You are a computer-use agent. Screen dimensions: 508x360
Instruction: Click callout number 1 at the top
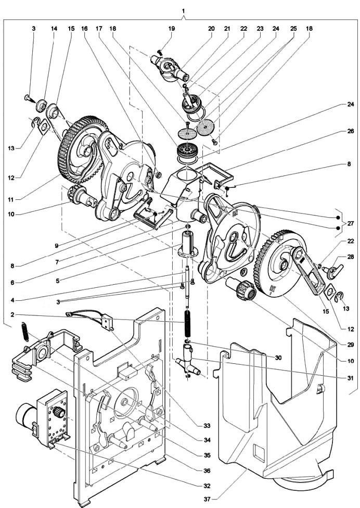tap(183, 10)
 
